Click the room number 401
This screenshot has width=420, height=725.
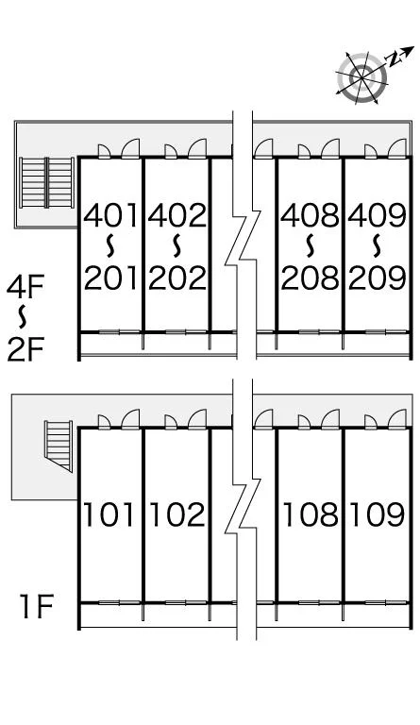point(110,215)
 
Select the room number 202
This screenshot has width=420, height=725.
point(176,278)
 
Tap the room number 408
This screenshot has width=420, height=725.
point(310,215)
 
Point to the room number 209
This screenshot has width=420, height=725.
point(377,278)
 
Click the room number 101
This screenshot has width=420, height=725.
point(109,514)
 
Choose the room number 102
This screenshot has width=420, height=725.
point(176,514)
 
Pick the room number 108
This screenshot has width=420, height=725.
point(311,514)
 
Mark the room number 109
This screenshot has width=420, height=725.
point(377,514)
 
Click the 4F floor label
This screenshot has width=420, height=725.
point(25,287)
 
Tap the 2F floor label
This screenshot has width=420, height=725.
point(25,349)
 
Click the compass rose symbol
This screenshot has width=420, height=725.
point(361,77)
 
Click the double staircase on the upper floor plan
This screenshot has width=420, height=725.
point(46,182)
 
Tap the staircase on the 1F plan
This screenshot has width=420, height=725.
point(59,446)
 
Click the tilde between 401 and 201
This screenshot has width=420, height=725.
point(110,245)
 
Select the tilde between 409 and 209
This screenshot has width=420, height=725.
point(377,245)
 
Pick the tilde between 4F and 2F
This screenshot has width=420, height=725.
point(22,317)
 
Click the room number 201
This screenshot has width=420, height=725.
point(110,278)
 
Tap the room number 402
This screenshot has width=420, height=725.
point(176,215)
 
